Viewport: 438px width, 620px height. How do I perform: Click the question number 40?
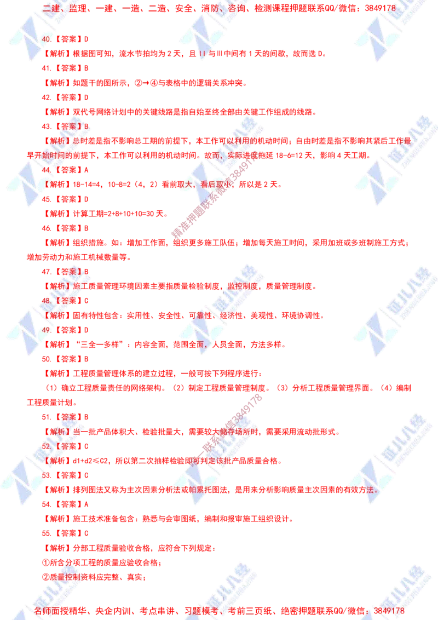coord(45,40)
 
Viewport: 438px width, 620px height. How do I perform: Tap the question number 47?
coord(46,271)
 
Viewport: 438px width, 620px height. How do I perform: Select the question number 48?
coord(46,301)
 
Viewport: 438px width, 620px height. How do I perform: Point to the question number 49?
coord(46,330)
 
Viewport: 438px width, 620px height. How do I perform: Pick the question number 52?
coord(46,446)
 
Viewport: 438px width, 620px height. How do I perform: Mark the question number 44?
coord(46,170)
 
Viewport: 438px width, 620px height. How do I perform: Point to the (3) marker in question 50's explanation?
coord(283,388)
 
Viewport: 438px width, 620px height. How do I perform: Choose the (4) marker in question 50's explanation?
coord(387,388)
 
